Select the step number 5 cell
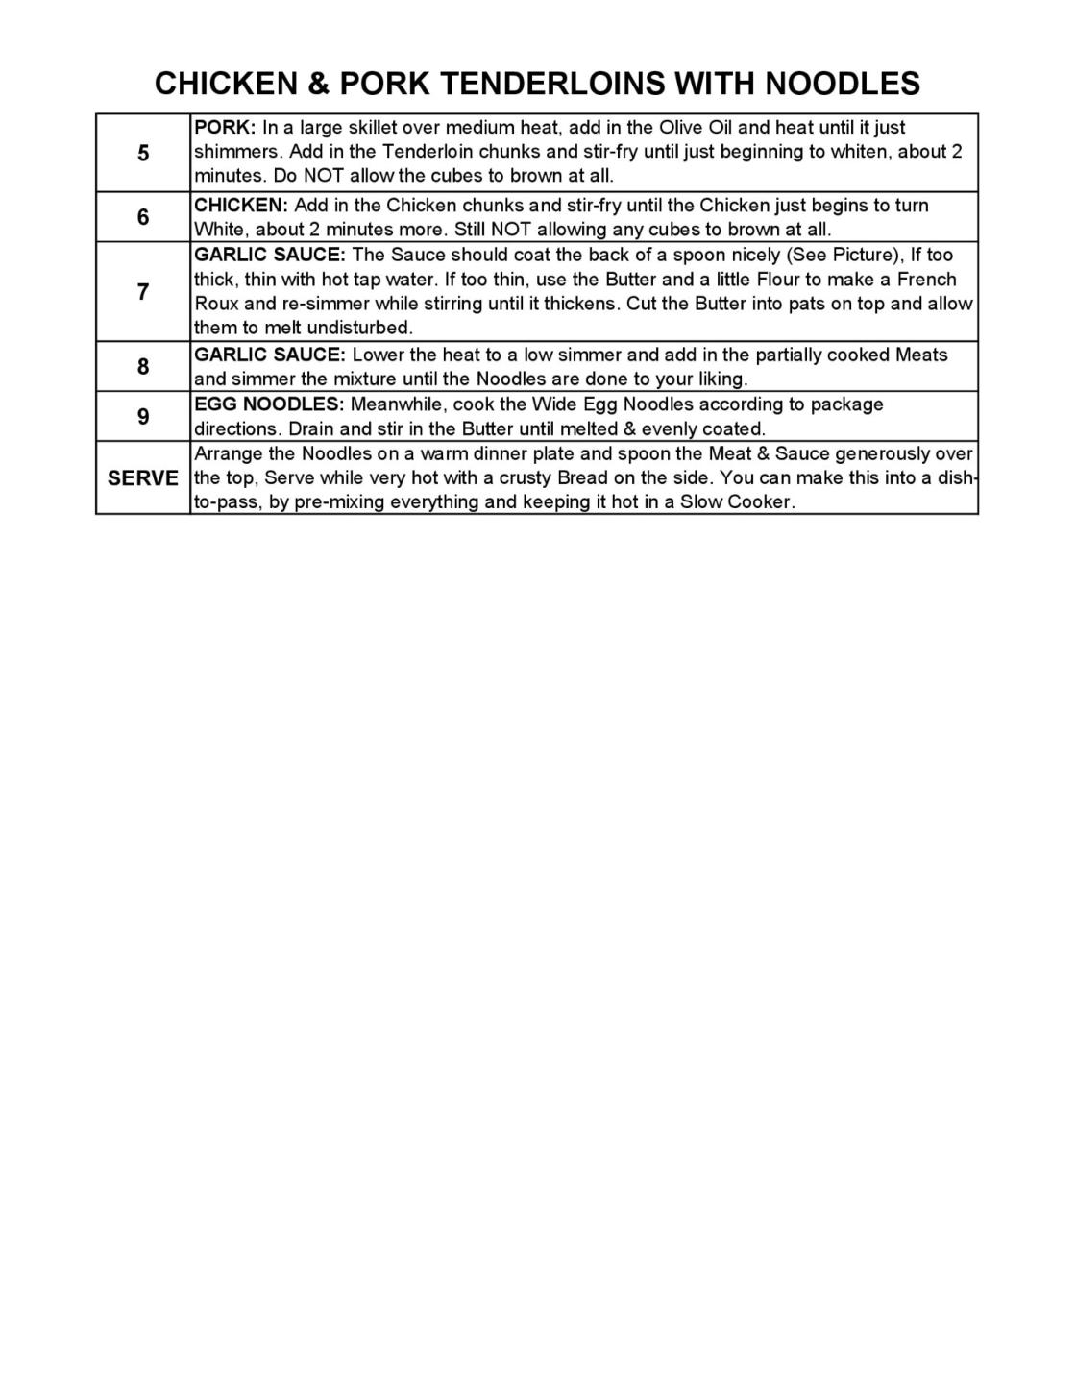[143, 153]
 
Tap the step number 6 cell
[143, 217]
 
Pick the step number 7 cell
[143, 292]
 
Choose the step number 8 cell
[143, 366]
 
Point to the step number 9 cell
[143, 416]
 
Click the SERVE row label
[143, 477]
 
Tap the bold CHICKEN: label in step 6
[241, 206]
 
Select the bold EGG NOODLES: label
[269, 404]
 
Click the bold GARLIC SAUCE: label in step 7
[270, 255]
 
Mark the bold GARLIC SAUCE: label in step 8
[270, 355]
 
